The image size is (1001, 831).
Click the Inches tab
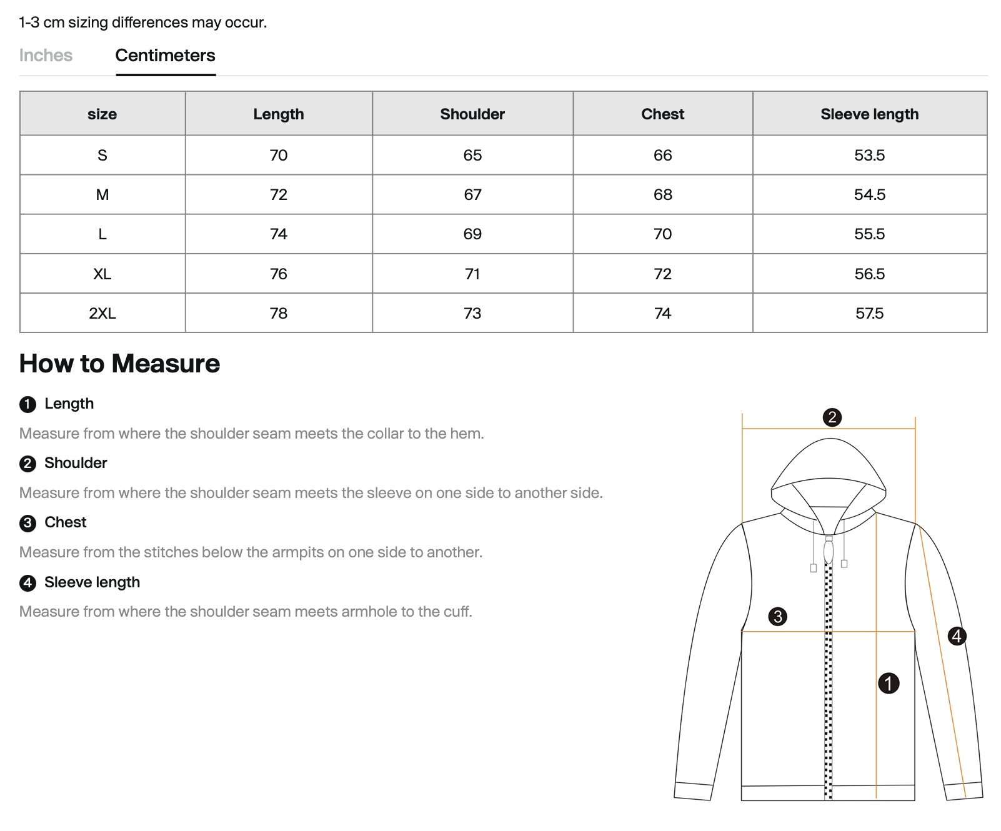pyautogui.click(x=46, y=56)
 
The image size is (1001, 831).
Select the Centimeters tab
pyautogui.click(x=165, y=56)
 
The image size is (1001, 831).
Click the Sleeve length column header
pyautogui.click(x=869, y=114)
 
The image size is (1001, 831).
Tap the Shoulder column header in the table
pyautogui.click(x=472, y=114)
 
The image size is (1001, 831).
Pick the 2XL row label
pyautogui.click(x=102, y=314)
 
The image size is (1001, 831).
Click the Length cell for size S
pyautogui.click(x=279, y=156)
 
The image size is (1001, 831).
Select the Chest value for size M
pyautogui.click(x=662, y=195)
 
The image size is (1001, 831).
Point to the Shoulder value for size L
pyautogui.click(x=472, y=234)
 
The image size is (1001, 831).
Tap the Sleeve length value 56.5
pyautogui.click(x=869, y=274)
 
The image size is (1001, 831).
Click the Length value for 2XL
pyautogui.click(x=279, y=314)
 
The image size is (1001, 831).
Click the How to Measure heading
pyautogui.click(x=119, y=364)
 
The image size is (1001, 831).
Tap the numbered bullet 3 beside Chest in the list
pyautogui.click(x=27, y=523)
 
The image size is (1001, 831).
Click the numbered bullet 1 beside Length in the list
pyautogui.click(x=27, y=404)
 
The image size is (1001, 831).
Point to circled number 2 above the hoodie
pyautogui.click(x=832, y=417)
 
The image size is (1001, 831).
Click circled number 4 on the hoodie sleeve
pyautogui.click(x=957, y=636)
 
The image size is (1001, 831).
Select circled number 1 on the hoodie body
pyautogui.click(x=888, y=683)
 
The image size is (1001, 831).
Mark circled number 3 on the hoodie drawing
pyautogui.click(x=777, y=617)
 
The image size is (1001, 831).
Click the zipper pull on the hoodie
pyautogui.click(x=829, y=552)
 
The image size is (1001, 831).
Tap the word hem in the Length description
pyautogui.click(x=470, y=434)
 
